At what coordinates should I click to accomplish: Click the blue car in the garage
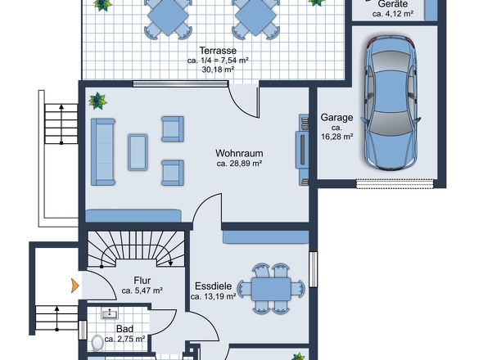tap(391, 103)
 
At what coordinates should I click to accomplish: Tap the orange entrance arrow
tap(75, 286)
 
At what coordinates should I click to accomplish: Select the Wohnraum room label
tap(239, 153)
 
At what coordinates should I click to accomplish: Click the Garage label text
tap(336, 117)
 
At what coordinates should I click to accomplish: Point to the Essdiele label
tap(213, 286)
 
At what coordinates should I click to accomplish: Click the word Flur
tap(142, 281)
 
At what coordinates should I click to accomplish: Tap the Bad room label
tap(124, 329)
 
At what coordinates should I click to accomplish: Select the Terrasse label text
tap(218, 50)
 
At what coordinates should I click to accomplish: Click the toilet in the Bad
tap(97, 343)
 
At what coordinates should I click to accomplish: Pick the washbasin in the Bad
tap(110, 313)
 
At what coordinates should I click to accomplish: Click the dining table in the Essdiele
tap(271, 289)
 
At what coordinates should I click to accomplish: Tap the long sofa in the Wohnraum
tap(103, 152)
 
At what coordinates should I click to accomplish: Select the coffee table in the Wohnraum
tap(138, 152)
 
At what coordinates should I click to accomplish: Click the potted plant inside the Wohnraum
tap(97, 101)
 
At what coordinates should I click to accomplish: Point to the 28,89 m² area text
tap(239, 163)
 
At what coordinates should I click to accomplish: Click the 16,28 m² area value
tap(337, 137)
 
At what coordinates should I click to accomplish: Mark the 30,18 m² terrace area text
tap(218, 70)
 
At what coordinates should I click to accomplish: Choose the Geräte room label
tap(393, 4)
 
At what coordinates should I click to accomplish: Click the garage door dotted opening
tap(395, 183)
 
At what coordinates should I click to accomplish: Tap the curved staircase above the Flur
tap(136, 249)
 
